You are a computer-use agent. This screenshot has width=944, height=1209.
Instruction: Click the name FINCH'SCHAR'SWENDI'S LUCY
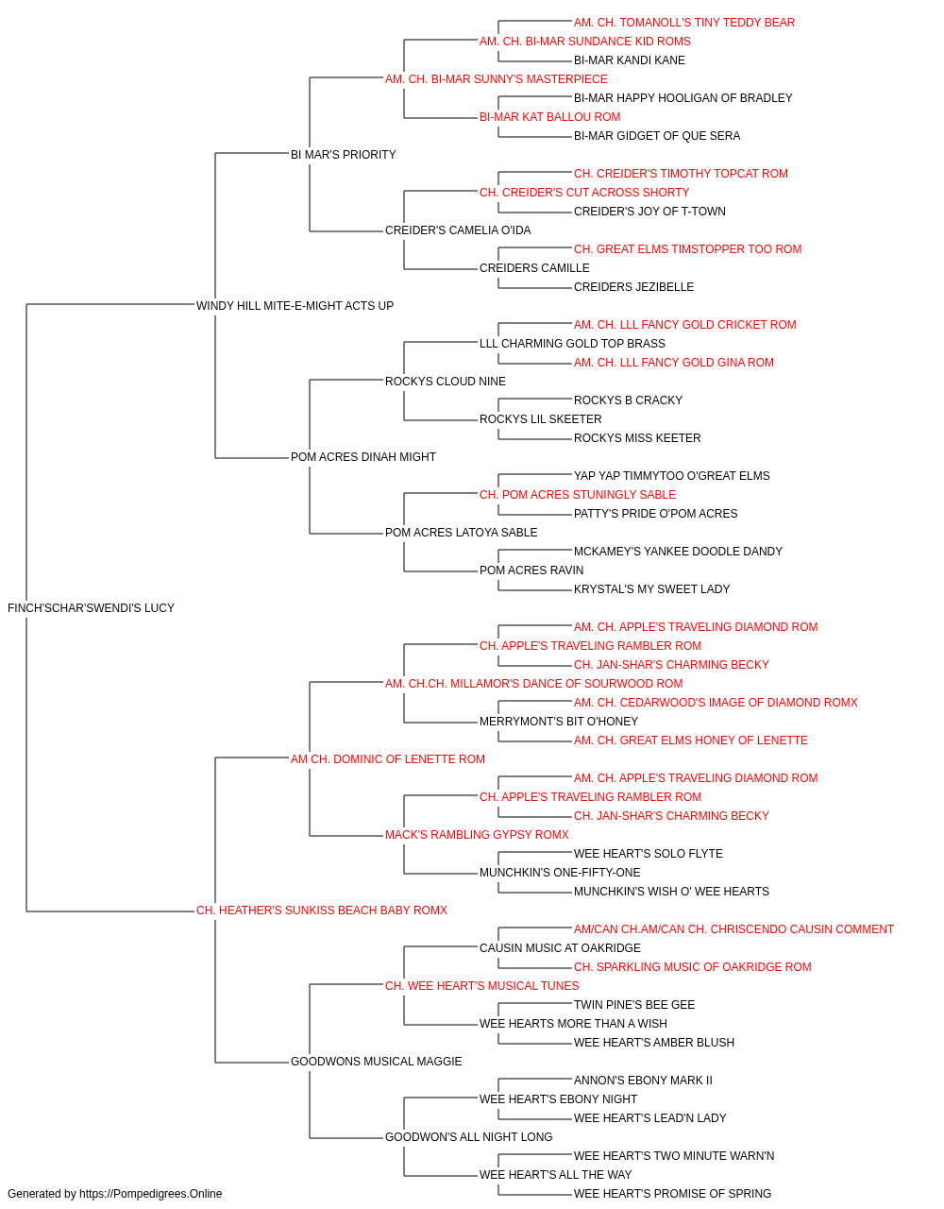91,608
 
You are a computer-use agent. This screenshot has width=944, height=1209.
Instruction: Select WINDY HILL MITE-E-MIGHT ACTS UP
295,305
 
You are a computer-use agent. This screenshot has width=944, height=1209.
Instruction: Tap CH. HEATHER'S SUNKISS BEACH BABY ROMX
321,911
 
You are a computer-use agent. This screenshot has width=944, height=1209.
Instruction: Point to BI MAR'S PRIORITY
343,155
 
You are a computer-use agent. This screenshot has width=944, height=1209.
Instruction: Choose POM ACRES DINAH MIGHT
363,457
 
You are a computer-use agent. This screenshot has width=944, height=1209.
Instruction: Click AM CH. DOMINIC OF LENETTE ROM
387,758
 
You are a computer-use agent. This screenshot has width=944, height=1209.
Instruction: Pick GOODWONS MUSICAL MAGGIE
376,1062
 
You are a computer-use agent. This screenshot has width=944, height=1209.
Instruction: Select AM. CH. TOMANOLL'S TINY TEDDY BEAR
683,23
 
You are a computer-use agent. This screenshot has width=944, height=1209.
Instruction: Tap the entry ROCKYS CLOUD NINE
446,381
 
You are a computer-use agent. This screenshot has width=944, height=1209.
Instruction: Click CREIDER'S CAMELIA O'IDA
458,230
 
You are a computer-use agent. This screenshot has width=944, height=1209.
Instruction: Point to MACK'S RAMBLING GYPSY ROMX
477,835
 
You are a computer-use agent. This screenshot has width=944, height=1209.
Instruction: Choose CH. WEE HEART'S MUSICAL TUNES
481,986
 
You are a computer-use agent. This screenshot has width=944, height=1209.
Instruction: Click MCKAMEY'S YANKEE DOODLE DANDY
678,552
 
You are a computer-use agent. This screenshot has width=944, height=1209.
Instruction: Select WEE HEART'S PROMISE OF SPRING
672,1194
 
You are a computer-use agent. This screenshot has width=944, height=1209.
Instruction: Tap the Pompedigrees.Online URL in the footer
150,1194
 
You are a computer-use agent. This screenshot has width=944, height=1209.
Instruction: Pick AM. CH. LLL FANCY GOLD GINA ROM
673,362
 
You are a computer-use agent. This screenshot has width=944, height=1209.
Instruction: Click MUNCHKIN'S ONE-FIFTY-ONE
559,873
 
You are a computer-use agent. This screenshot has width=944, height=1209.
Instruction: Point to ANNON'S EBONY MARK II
643,1081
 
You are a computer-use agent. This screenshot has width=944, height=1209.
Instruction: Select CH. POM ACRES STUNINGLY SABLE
578,495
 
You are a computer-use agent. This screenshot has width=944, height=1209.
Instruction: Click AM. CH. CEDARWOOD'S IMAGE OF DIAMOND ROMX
716,702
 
